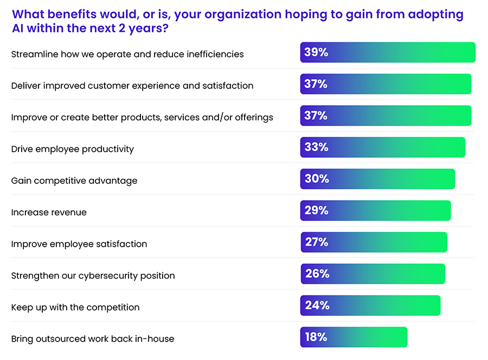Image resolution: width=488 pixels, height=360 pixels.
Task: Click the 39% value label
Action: (x=316, y=53)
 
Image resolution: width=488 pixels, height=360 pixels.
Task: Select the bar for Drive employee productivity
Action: (x=382, y=147)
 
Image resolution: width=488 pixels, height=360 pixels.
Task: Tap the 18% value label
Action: (x=316, y=337)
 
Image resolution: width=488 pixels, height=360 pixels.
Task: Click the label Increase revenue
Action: (x=49, y=213)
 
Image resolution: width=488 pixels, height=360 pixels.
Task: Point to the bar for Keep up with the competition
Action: (x=370, y=305)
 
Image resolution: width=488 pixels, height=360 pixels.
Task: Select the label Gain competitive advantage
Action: (x=74, y=181)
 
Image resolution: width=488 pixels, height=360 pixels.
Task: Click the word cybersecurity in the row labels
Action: (x=108, y=276)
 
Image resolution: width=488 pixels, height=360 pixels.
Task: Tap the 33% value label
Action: (x=316, y=147)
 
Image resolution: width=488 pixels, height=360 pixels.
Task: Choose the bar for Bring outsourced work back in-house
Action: (x=354, y=337)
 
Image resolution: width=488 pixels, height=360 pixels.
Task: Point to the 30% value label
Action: (x=317, y=179)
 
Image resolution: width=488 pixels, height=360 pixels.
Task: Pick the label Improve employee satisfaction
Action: (x=79, y=244)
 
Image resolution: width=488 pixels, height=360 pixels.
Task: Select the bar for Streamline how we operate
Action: (x=388, y=53)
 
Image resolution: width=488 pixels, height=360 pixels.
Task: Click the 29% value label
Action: (x=316, y=210)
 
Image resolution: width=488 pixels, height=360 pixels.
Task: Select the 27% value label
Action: (x=317, y=242)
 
